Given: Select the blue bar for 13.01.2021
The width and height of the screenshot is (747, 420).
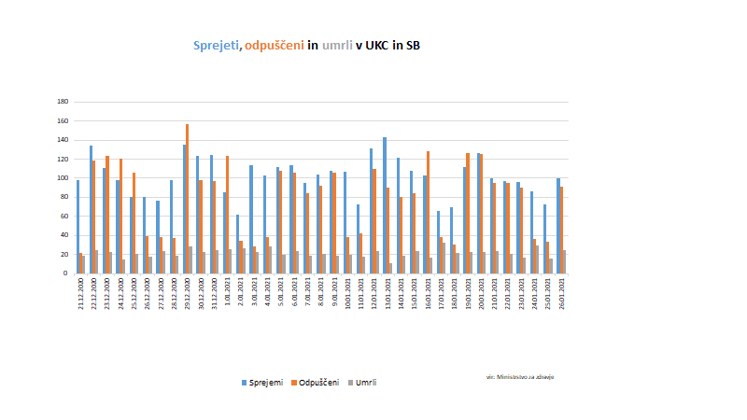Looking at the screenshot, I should point(384,205).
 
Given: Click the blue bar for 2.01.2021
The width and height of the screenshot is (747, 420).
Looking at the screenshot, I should point(237,244).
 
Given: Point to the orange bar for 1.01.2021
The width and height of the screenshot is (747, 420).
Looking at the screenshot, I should point(227,215).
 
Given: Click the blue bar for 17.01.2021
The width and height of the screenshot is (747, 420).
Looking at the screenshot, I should point(438,242).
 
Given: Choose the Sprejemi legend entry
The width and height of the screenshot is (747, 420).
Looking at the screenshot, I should point(261,382).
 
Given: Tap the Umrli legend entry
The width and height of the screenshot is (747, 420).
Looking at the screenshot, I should point(365,382).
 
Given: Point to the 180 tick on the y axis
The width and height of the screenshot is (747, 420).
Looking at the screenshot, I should point(63,102).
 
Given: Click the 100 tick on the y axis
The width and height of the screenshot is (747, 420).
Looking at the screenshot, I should point(63,178).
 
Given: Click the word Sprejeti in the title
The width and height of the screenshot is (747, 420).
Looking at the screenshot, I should point(215,45).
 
